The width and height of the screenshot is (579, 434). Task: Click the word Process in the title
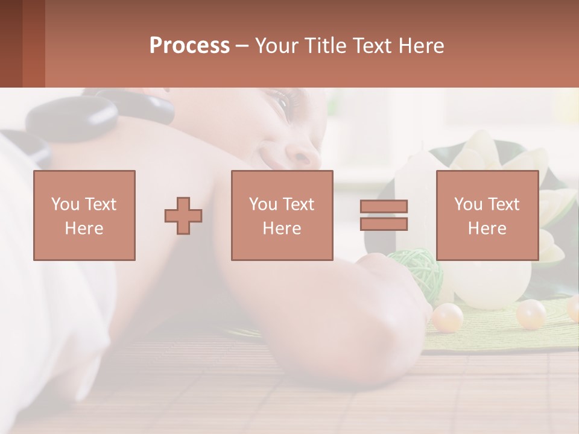point(189,46)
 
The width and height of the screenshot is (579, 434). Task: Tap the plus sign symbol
point(183,215)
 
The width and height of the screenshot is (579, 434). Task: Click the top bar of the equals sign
point(384,206)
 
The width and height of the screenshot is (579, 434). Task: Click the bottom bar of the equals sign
point(384,224)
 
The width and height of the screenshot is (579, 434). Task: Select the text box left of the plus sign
point(84,215)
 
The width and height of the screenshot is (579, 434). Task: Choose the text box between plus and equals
point(282,215)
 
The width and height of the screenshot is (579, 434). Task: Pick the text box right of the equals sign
point(487,215)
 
